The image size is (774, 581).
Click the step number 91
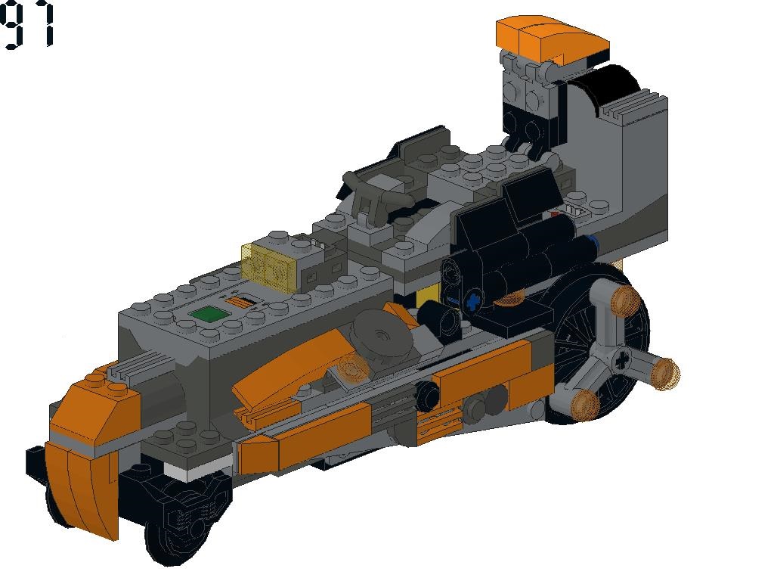coord(27,25)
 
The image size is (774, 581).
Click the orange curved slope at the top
coord(553,36)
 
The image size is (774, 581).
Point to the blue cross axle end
coord(474,300)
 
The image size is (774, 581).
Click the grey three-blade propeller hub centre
coord(621,360)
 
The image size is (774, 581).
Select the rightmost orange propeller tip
coord(665,374)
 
